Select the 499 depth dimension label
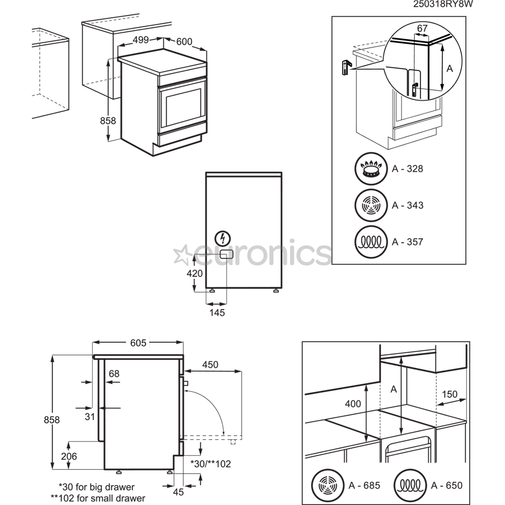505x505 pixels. [140, 40]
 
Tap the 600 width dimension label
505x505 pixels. [184, 42]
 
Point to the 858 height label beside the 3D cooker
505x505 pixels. [108, 121]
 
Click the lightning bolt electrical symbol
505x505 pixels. [223, 238]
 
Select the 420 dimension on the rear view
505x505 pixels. [195, 274]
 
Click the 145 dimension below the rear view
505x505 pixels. [217, 312]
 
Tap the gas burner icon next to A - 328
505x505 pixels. [371, 169]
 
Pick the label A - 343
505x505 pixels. [407, 205]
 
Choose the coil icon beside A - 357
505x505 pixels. [371, 242]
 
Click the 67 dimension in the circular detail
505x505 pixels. [422, 29]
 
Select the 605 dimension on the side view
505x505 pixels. [138, 343]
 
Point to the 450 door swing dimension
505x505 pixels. [210, 365]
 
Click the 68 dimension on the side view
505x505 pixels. [114, 374]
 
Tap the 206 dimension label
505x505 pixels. [68, 456]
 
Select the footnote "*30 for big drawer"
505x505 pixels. [96, 487]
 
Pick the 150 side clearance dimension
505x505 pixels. [449, 394]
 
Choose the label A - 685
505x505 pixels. [365, 484]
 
